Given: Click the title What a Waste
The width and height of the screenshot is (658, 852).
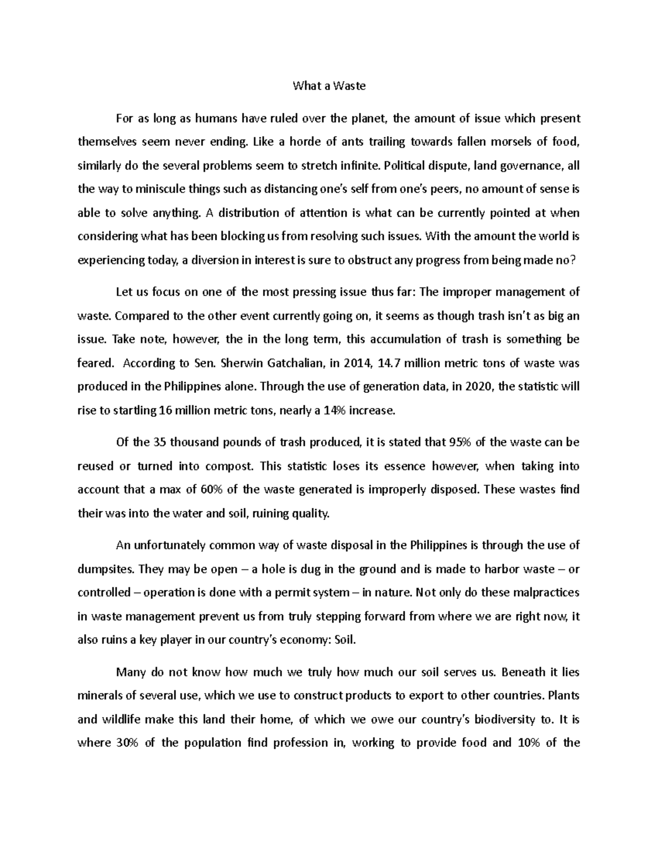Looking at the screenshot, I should pyautogui.click(x=328, y=86).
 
